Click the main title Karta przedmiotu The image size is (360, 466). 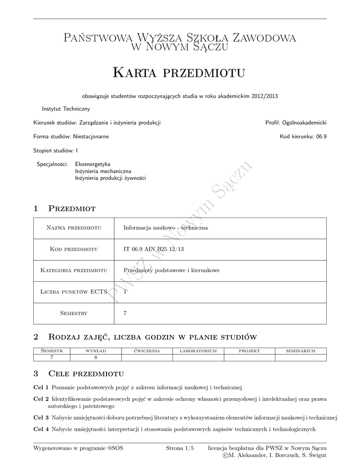pyautogui.click(x=179, y=72)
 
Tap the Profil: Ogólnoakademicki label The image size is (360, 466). pyautogui.click(x=296, y=122)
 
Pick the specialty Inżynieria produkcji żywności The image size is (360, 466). pyautogui.click(x=110, y=178)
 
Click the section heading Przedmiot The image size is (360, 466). pyautogui.click(x=71, y=208)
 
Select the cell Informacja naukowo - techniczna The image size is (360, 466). pyautogui.click(x=166, y=228)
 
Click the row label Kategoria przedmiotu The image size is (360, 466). pyautogui.click(x=74, y=270)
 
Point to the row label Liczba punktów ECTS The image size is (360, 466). pyautogui.click(x=74, y=292)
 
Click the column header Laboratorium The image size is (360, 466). pyautogui.click(x=198, y=351)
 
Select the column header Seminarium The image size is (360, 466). pyautogui.click(x=300, y=351)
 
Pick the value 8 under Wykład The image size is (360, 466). pyautogui.click(x=96, y=357)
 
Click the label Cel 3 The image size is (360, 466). pyautogui.click(x=41, y=417)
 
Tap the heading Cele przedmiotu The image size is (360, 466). pyautogui.click(x=86, y=374)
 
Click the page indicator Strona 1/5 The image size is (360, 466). pyautogui.click(x=180, y=448)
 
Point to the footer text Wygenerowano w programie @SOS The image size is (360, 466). pyautogui.click(x=78, y=448)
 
